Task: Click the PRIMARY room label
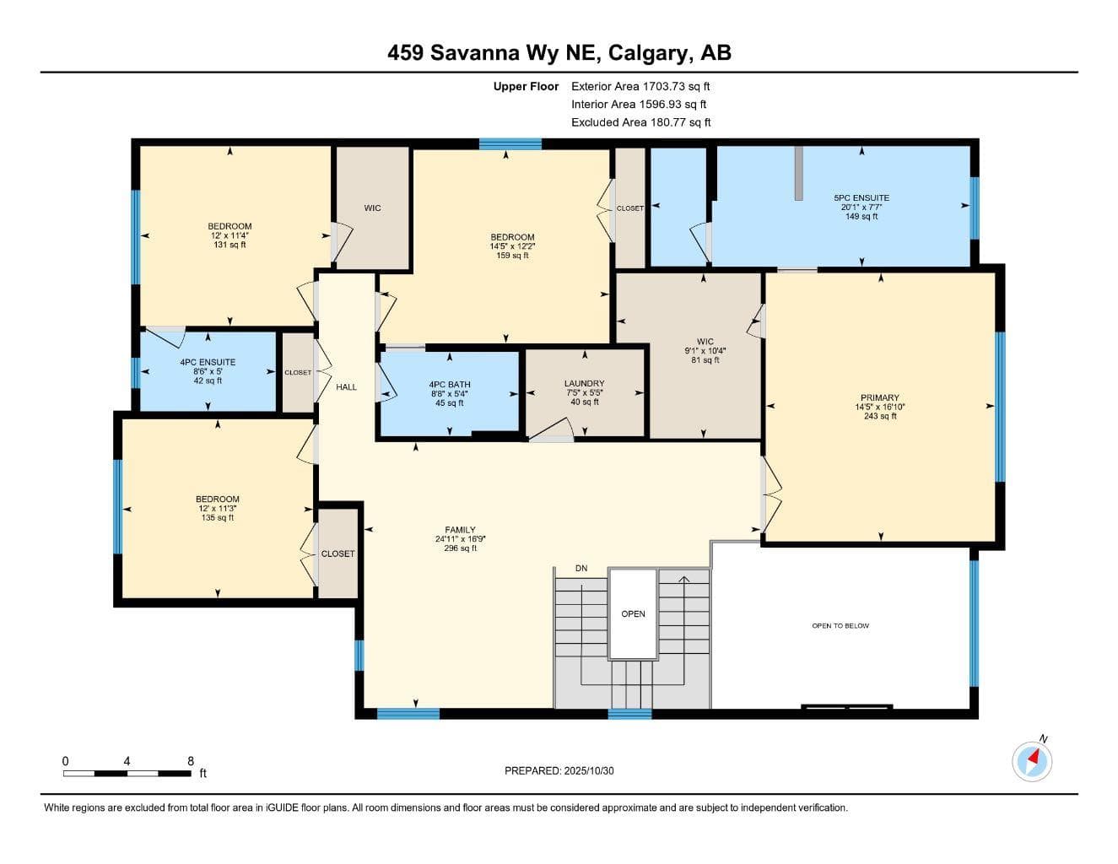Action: point(880,397)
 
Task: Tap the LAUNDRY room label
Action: point(584,383)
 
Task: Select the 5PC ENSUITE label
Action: point(861,197)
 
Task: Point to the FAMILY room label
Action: point(460,530)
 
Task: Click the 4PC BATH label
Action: point(450,384)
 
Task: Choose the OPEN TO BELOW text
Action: point(840,626)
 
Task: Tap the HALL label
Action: point(346,386)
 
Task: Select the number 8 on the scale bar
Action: point(191,761)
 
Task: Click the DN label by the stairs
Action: point(581,569)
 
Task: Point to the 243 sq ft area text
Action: point(880,416)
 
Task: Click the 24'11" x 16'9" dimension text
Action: point(460,539)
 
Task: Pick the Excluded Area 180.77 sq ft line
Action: point(640,122)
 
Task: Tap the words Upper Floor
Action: point(526,86)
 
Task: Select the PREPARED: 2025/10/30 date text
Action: point(559,771)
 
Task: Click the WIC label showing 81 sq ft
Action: point(705,342)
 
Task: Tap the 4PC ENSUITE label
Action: point(208,362)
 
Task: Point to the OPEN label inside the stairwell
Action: point(633,614)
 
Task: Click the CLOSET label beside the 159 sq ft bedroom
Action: point(629,208)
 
